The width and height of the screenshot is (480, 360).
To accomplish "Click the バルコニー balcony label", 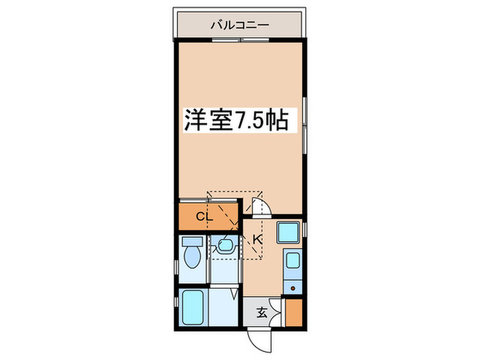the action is click(x=240, y=25).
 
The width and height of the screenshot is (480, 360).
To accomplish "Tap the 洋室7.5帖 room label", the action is click(x=236, y=120).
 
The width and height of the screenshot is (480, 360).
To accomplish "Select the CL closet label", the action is click(x=204, y=217).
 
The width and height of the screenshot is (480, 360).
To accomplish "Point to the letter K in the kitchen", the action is click(x=258, y=239).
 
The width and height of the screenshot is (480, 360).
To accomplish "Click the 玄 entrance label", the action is click(x=262, y=313).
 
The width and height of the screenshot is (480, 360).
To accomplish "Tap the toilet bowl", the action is click(x=192, y=257).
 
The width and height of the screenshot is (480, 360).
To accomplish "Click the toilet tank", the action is click(x=193, y=241).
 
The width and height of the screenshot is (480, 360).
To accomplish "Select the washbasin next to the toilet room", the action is click(x=226, y=245).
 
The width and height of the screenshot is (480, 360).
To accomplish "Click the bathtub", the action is click(x=193, y=307).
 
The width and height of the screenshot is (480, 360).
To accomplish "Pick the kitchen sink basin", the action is click(x=293, y=261).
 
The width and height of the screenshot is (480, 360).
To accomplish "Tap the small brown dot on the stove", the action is click(x=293, y=288).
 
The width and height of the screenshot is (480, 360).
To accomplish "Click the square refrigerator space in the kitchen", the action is click(x=288, y=232).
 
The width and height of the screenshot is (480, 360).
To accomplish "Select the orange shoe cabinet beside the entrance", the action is click(x=294, y=313).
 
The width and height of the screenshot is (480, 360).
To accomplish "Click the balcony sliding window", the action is click(x=241, y=40).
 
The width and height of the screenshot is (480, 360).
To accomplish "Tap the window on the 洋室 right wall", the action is click(x=304, y=125).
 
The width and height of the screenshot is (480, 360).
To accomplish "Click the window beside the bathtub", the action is click(x=176, y=302).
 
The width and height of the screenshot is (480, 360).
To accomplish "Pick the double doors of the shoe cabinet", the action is click(x=277, y=313).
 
